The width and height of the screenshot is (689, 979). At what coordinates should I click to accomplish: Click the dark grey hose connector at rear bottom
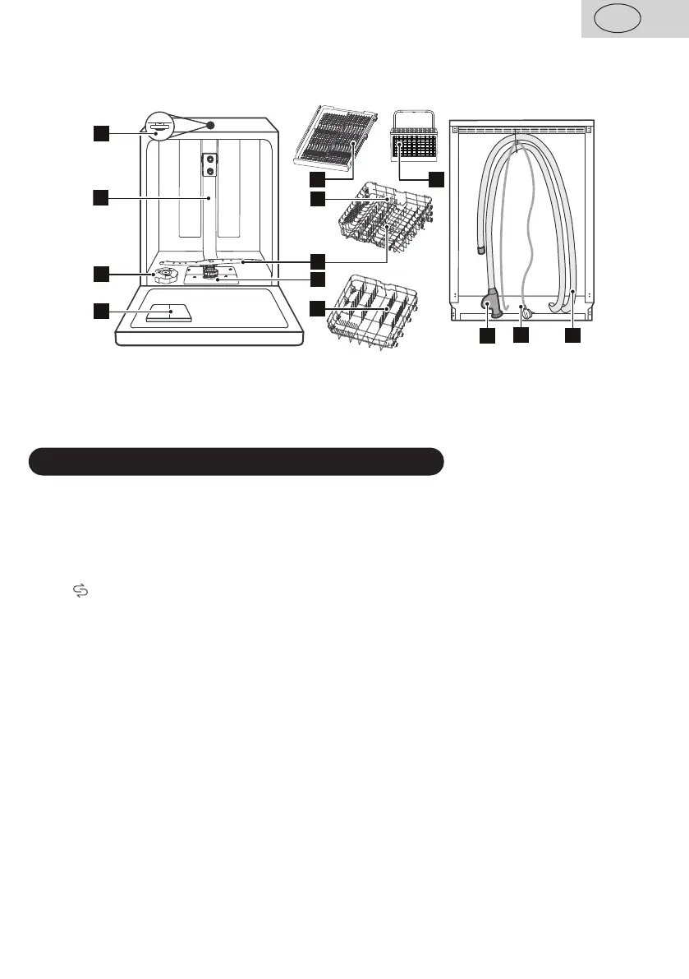489,308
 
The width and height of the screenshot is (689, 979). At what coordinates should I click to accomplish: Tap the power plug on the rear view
527,312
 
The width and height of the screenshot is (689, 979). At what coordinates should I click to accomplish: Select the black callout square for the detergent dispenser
100,310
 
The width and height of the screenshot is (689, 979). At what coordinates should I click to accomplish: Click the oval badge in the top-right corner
618,19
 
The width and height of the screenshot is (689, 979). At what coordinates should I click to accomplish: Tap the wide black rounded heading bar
237,462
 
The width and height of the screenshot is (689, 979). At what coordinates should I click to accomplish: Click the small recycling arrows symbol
80,591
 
